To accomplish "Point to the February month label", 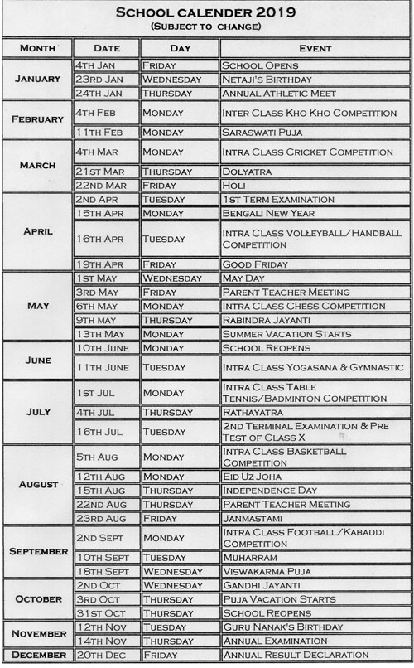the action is tap(37, 119).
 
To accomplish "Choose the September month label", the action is tap(37, 551).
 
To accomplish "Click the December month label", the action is tap(37, 655).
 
